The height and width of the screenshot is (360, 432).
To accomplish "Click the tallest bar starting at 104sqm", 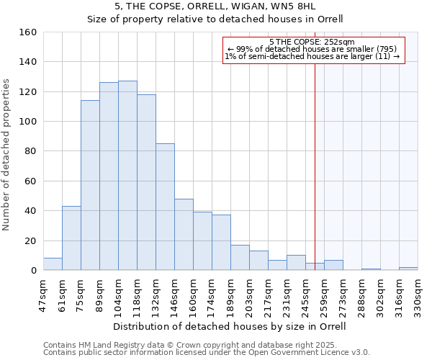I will [127, 176].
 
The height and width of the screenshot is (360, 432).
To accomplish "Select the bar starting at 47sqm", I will [53, 264].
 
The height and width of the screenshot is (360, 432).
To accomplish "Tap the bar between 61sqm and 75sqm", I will [71, 238].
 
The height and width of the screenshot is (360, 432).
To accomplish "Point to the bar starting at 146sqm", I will [184, 235].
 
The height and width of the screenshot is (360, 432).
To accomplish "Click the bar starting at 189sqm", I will [240, 258].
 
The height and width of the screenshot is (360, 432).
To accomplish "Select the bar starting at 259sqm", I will [333, 265].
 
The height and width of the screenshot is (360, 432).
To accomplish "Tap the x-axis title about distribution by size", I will [230, 326].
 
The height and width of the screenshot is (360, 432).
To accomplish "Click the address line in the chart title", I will [215, 6].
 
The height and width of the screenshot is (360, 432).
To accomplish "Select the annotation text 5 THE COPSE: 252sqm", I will [311, 42].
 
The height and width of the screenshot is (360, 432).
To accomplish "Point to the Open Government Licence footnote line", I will [206, 352].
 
